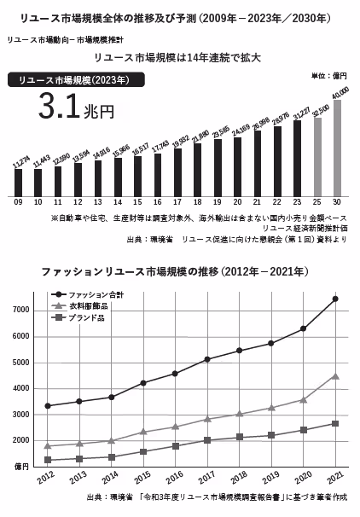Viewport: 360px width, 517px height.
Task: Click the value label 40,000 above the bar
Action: point(340,92)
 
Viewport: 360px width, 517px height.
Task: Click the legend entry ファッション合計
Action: point(95,293)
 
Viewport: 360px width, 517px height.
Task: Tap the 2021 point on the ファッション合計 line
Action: point(335,299)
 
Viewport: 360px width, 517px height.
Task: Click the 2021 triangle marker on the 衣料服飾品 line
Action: point(335,375)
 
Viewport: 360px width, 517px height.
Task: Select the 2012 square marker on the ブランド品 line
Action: point(48,460)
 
